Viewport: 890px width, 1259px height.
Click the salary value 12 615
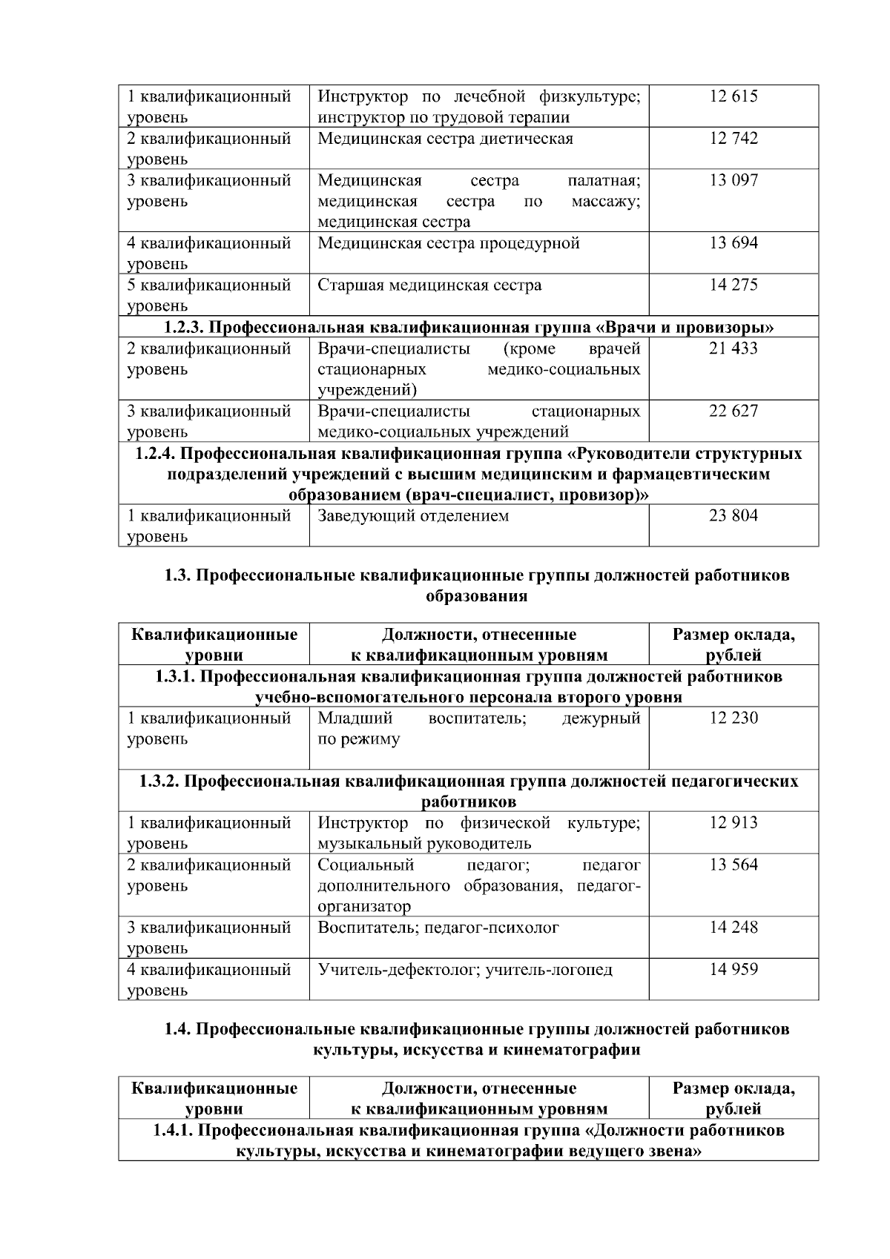733,97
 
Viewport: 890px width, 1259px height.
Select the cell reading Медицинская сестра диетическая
445,139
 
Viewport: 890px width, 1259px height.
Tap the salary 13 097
733,181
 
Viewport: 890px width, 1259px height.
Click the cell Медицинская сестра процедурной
448,243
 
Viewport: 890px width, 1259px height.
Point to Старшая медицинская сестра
429,285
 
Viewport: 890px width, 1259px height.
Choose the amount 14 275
733,285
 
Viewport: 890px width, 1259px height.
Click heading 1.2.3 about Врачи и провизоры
469,327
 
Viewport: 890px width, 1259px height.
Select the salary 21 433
733,348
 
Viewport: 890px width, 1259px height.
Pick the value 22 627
733,412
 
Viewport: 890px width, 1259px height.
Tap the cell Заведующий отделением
413,516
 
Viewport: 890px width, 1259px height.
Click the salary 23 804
733,516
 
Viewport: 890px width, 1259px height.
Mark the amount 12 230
733,718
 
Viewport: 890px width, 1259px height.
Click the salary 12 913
733,823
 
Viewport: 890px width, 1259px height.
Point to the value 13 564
733,865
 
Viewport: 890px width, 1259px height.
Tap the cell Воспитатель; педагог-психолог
438,928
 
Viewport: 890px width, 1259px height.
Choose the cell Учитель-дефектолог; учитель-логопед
465,970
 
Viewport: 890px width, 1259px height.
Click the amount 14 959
733,970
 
